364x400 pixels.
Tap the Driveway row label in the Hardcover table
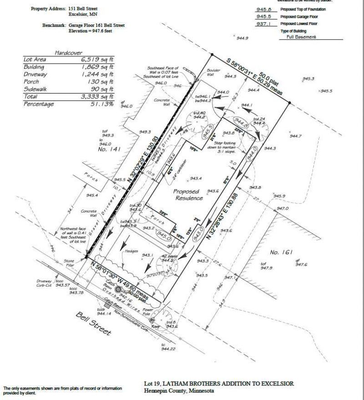pyautogui.click(x=37, y=74)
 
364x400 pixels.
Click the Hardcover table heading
pyautogui.click(x=68, y=53)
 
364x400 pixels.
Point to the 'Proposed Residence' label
pyautogui.click(x=188, y=195)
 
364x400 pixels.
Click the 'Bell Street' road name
pyautogui.click(x=93, y=324)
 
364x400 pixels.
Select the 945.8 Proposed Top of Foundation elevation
pyautogui.click(x=264, y=9)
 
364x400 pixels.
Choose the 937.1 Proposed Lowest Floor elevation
pyautogui.click(x=264, y=24)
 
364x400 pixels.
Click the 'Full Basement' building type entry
pyautogui.click(x=298, y=37)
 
